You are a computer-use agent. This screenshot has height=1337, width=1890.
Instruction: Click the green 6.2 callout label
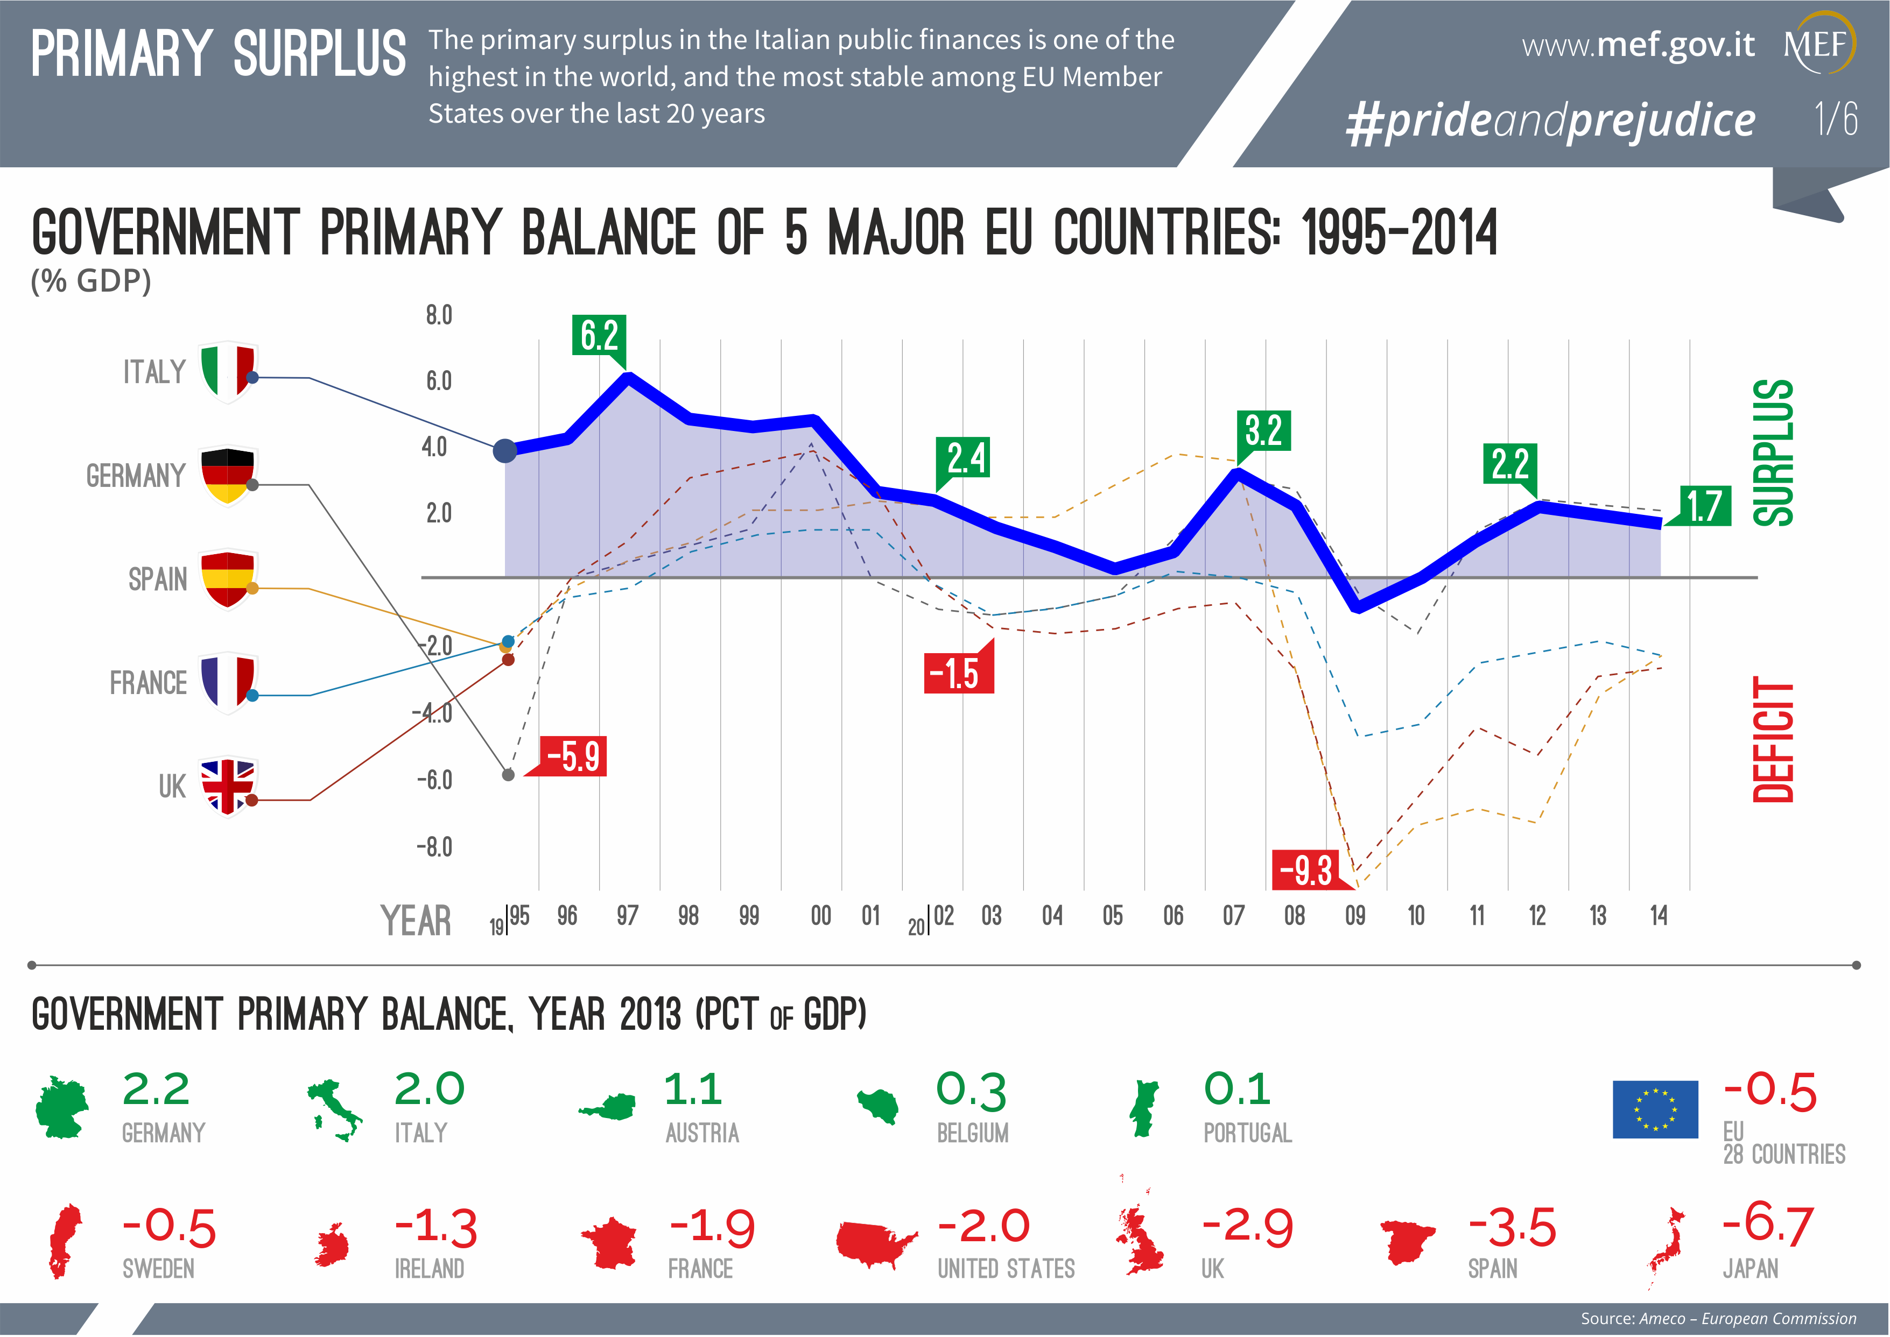click(x=599, y=335)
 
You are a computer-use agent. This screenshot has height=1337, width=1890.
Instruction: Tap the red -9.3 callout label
click(x=1306, y=869)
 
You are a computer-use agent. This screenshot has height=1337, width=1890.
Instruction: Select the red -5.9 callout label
click(x=574, y=756)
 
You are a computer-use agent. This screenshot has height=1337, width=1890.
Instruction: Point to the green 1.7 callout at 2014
click(x=1704, y=506)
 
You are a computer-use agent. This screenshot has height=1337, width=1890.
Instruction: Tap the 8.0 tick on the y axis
click(x=439, y=315)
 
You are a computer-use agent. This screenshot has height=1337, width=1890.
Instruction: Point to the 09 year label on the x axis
click(x=1355, y=916)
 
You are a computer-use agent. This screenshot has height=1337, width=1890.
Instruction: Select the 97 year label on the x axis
click(x=628, y=916)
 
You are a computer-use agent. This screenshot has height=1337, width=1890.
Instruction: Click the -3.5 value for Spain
click(x=1512, y=1227)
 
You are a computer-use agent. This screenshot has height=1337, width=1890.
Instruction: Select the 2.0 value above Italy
click(x=429, y=1089)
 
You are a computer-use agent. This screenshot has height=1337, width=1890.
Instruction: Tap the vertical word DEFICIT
click(x=1773, y=739)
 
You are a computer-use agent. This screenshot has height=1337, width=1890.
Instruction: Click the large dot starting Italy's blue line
click(x=505, y=450)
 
